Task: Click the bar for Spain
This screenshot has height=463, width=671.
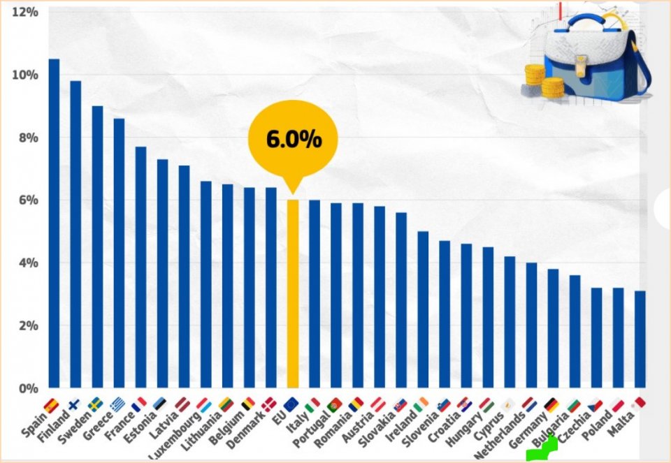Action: coord(54,223)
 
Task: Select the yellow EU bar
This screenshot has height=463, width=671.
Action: coord(293,293)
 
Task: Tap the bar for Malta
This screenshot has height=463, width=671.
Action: coord(640,339)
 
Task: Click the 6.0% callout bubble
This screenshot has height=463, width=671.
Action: coord(293,139)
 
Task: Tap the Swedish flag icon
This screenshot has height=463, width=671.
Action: coord(95,404)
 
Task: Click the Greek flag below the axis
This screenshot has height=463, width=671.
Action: coord(118,404)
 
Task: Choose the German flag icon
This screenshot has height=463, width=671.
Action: coord(552,404)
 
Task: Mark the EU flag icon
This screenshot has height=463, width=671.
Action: coord(292,404)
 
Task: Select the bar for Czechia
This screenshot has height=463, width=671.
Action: coord(596,338)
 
